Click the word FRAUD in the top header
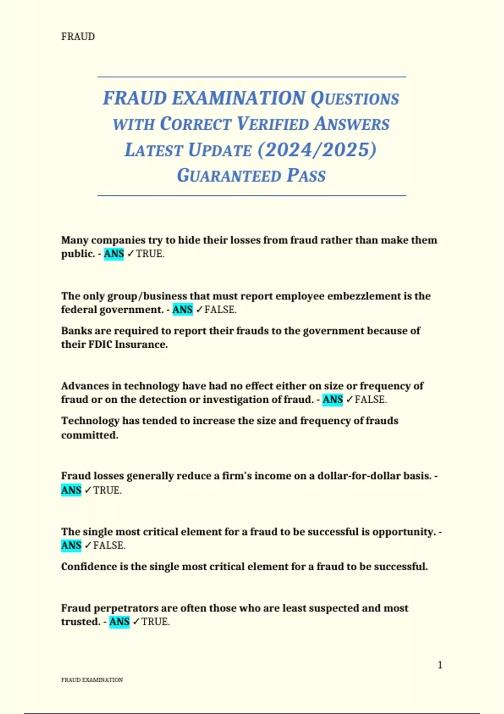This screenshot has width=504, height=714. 78,37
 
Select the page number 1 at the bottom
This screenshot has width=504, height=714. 440,665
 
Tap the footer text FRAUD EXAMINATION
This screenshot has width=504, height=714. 92,680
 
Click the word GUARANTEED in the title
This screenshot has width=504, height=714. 228,176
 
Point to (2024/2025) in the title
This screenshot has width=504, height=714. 317,150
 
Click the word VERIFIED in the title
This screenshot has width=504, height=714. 273,124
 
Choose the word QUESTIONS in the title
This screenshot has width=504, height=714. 354,98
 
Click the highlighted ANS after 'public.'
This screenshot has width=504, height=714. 114,254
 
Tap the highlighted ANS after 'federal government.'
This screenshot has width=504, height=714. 182,310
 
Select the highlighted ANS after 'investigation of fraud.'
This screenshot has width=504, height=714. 333,399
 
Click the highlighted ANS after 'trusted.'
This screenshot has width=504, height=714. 119,622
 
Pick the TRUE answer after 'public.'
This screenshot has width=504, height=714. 150,254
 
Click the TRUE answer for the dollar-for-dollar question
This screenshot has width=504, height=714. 107,490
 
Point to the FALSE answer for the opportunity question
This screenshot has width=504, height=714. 109,545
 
